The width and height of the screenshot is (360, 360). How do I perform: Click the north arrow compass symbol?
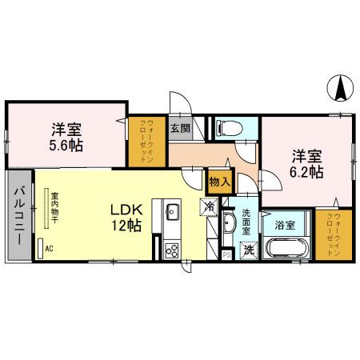tap(339, 86)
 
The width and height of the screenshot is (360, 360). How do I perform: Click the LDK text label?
tap(126, 210)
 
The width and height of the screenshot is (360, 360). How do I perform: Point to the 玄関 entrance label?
tap(179, 128)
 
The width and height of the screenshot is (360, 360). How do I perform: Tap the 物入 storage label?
tap(219, 182)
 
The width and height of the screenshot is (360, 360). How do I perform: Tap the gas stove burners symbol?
tap(172, 250)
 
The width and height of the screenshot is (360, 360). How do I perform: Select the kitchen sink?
tap(173, 213)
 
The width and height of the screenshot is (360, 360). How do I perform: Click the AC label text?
tap(50, 249)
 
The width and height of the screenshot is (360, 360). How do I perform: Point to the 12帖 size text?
tap(126, 226)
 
